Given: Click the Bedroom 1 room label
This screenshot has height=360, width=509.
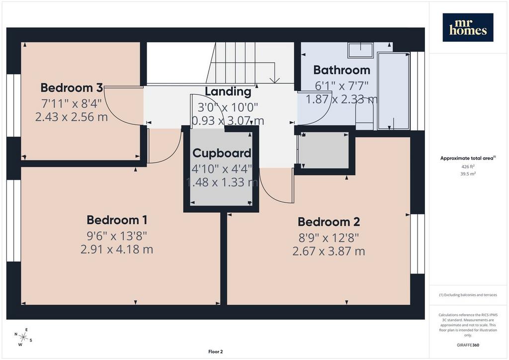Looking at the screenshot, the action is click(x=117, y=220).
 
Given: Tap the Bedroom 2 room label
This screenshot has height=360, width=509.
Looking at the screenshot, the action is click(x=329, y=222).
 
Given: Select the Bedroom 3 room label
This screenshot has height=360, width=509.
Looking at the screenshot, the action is click(x=72, y=88).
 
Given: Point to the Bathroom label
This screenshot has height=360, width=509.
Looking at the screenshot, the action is click(x=341, y=70).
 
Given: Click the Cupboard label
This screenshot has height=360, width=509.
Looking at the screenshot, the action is click(x=222, y=153).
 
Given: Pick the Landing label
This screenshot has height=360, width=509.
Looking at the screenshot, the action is click(x=228, y=91).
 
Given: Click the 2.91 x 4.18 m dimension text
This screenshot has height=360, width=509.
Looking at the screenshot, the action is click(x=117, y=249).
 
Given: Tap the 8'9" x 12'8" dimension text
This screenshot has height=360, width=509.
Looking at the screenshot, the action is click(x=329, y=238).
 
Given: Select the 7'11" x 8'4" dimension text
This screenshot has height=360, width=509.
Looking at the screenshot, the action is click(x=72, y=103).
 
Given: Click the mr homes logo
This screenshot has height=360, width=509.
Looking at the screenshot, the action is click(x=468, y=27).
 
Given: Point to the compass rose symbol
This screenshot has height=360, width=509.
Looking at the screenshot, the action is click(x=23, y=337).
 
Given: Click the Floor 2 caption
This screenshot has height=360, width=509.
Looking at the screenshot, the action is click(x=216, y=352).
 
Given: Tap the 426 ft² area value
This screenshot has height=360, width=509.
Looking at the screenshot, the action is click(x=468, y=167).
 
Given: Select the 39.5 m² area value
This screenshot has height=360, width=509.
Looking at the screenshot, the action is click(x=468, y=174).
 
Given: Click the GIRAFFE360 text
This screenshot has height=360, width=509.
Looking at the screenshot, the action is click(x=468, y=345).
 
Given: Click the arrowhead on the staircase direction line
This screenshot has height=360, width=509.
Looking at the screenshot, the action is click(x=275, y=80).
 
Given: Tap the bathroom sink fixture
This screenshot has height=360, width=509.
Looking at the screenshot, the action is click(x=360, y=50).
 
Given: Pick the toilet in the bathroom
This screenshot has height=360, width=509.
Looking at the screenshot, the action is click(x=365, y=114).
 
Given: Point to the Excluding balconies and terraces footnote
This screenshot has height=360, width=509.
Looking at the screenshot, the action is click(x=468, y=295).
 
